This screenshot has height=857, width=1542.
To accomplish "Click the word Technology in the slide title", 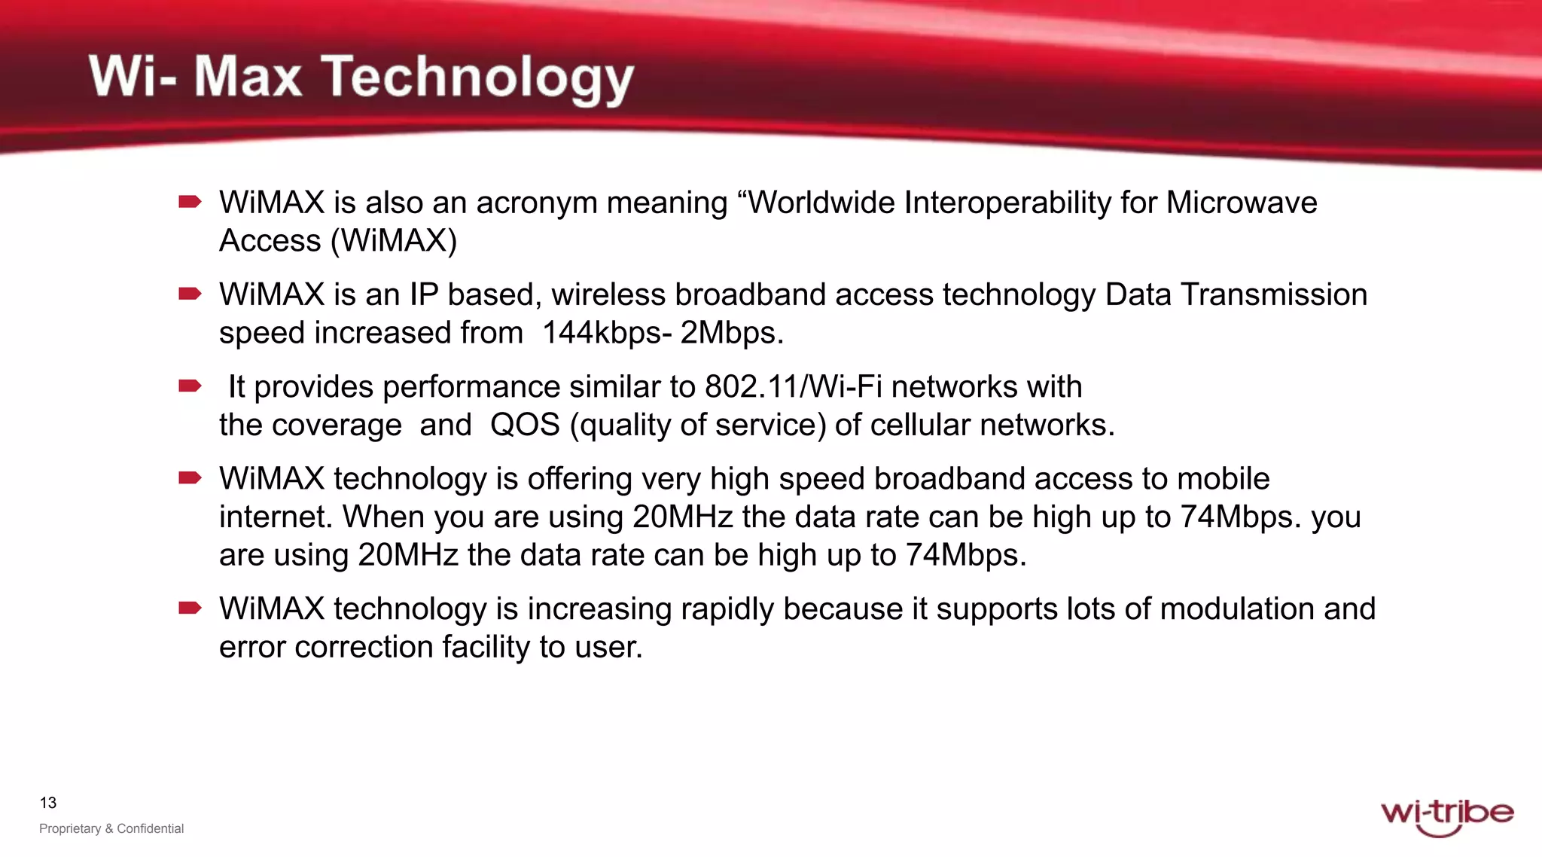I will pos(479,78).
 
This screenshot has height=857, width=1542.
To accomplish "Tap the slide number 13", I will pos(48,803).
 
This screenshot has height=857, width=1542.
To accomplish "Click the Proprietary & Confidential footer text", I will pos(111,828).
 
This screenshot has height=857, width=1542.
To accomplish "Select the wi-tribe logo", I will pos(1446,816).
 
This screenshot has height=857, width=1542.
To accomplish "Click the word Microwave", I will pos(1242,203).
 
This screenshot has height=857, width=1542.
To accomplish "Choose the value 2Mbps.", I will pos(732,333).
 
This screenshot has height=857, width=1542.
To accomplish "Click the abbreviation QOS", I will pos(525,425).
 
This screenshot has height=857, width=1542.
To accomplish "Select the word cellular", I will pos(921,425).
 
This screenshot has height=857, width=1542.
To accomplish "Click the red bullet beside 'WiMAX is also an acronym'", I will pos(190,202).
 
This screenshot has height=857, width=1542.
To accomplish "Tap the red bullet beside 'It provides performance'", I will pos(190,386).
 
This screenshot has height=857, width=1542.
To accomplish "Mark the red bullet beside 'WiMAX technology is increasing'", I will pos(190,608).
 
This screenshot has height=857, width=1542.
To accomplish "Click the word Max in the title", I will pos(248,78).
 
